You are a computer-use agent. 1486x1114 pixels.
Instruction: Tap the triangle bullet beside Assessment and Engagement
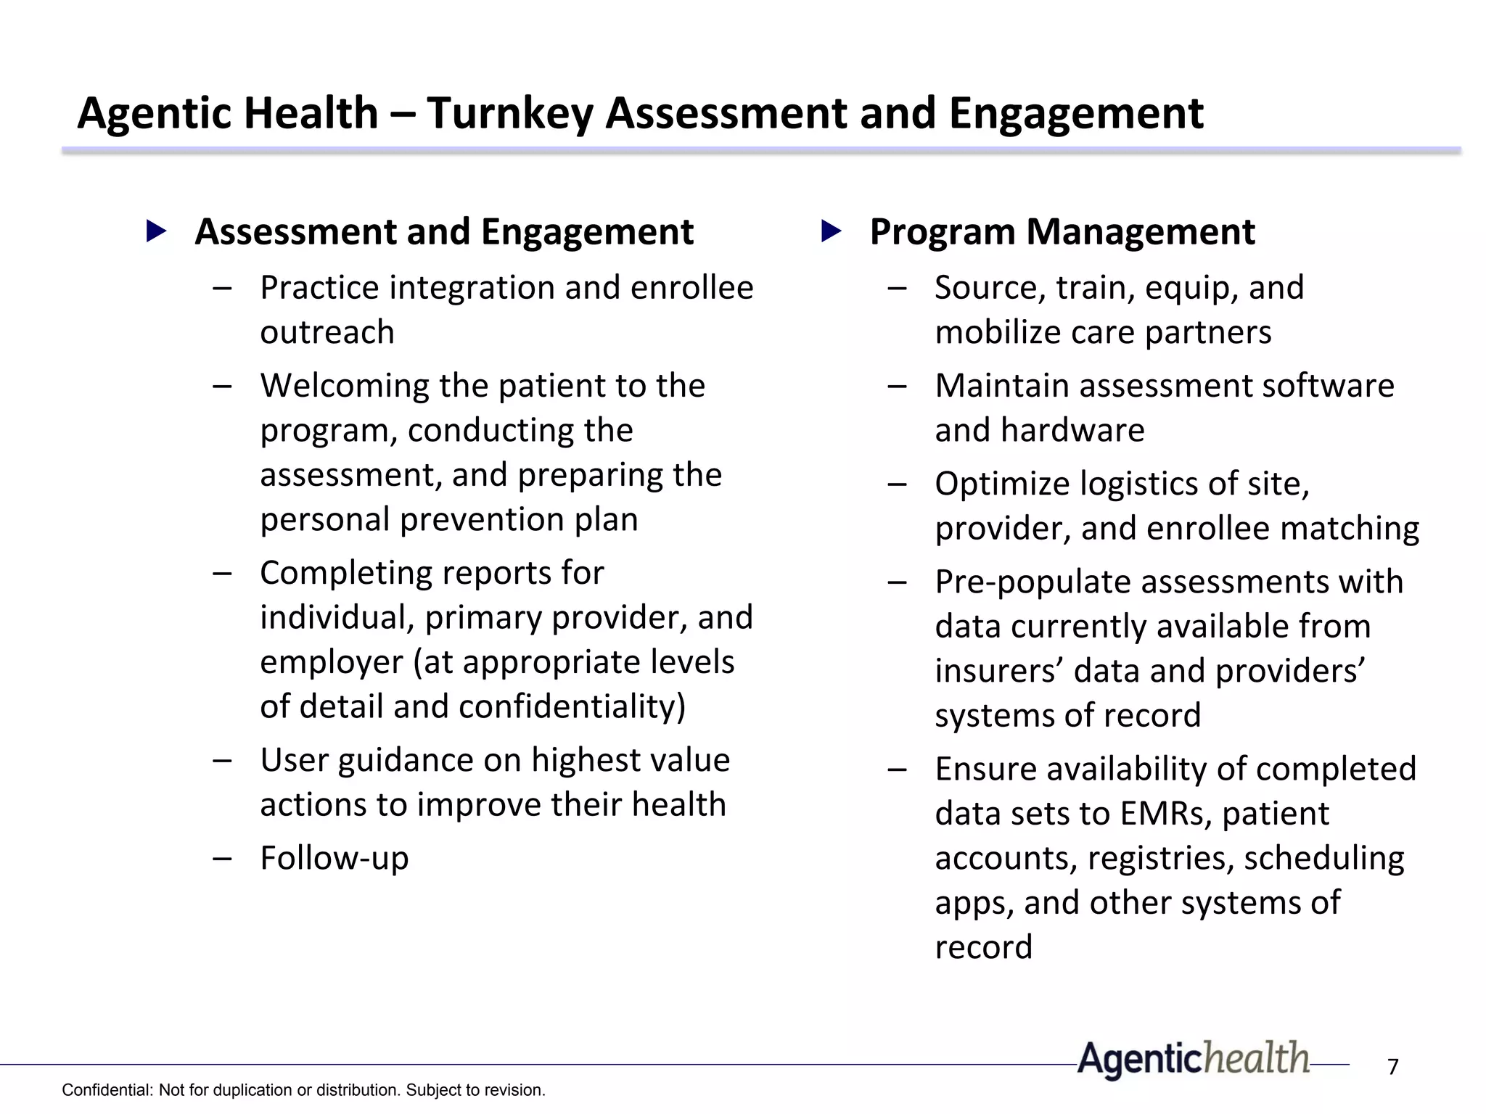point(156,231)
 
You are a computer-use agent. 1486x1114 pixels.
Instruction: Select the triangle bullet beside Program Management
point(831,231)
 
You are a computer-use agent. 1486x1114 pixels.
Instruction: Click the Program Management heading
point(1062,232)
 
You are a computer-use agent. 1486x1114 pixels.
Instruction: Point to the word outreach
point(327,333)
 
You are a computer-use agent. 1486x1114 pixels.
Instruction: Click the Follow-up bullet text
point(334,858)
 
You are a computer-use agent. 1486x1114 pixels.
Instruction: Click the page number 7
point(1392,1067)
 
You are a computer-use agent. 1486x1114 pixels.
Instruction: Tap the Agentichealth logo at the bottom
point(1194,1059)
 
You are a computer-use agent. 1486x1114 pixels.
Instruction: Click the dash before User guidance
point(223,761)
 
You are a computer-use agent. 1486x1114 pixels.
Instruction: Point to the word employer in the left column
point(331,662)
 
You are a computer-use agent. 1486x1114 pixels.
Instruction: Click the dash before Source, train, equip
point(898,288)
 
